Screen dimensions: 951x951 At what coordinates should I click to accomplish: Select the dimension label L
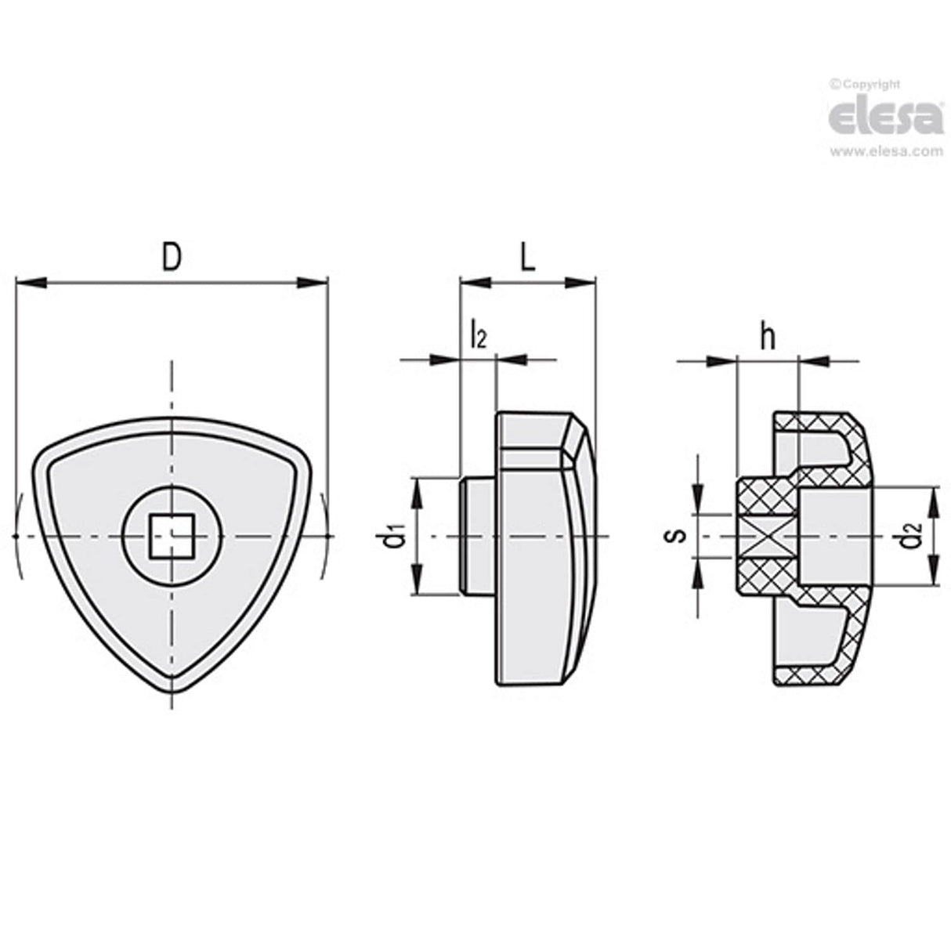pos(527,257)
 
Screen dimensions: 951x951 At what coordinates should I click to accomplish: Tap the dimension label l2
pos(477,336)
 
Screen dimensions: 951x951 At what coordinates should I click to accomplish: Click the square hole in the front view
pos(172,536)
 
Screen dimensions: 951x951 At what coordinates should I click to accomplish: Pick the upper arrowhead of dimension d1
pos(418,489)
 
